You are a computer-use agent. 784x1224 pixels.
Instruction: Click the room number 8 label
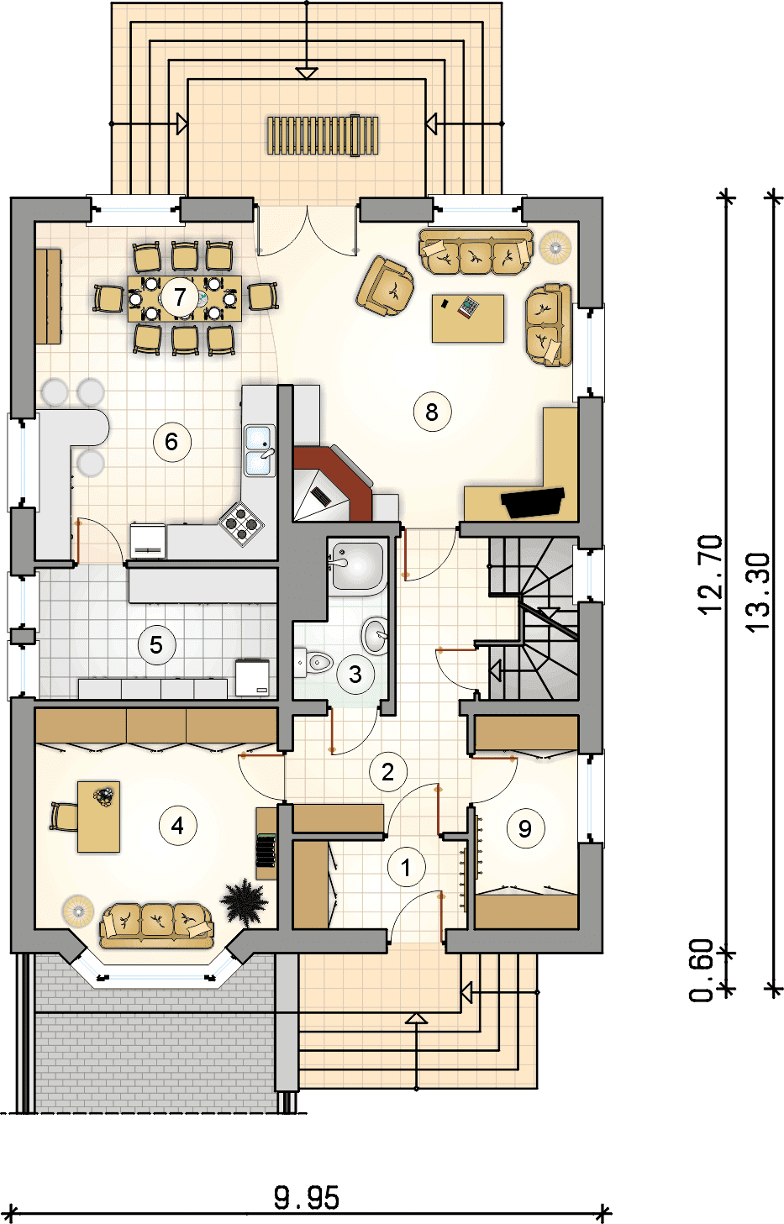tap(432, 412)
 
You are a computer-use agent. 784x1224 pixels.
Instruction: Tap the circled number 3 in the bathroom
tap(355, 674)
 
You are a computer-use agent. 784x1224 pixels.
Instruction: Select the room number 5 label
tap(156, 645)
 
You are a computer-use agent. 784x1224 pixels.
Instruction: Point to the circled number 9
tap(525, 829)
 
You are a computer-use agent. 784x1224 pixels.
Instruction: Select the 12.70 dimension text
tap(711, 575)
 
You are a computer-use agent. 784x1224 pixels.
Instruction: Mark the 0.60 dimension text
tap(702, 971)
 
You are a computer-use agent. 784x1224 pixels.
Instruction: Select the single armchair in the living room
tap(386, 286)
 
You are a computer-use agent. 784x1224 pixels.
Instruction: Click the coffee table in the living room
tap(468, 318)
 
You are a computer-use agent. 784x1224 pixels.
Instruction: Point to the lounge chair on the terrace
tap(324, 135)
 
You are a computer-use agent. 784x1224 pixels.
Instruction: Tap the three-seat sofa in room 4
tap(157, 926)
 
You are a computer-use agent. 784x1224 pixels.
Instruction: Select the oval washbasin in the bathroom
tap(376, 635)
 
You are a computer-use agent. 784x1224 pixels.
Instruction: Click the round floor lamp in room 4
tap(77, 911)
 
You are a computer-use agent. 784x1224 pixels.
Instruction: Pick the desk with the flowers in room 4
tap(99, 817)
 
